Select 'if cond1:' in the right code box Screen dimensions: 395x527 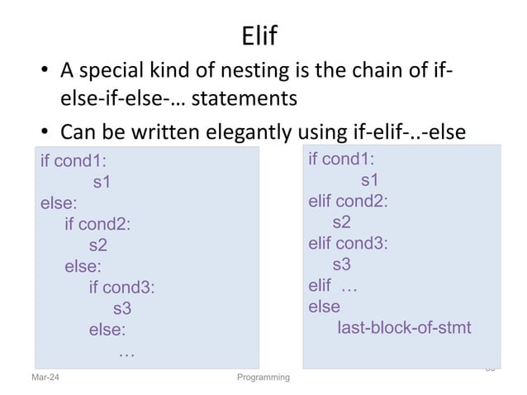[x=341, y=159]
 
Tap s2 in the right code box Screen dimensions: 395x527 [x=341, y=222]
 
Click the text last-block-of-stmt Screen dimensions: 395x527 [x=405, y=328]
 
